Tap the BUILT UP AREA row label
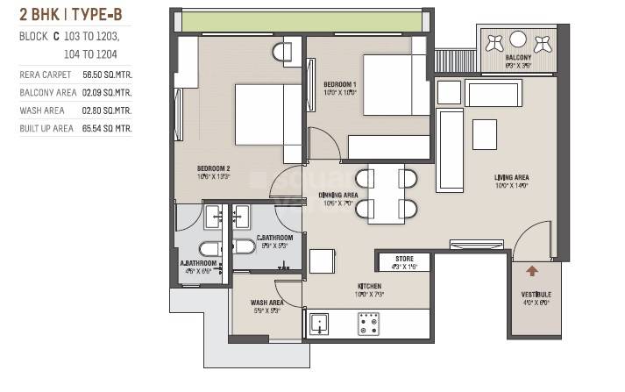[46, 128]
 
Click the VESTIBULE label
[536, 295]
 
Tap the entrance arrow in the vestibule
[531, 274]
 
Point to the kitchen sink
[319, 325]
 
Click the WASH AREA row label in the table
[40, 110]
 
